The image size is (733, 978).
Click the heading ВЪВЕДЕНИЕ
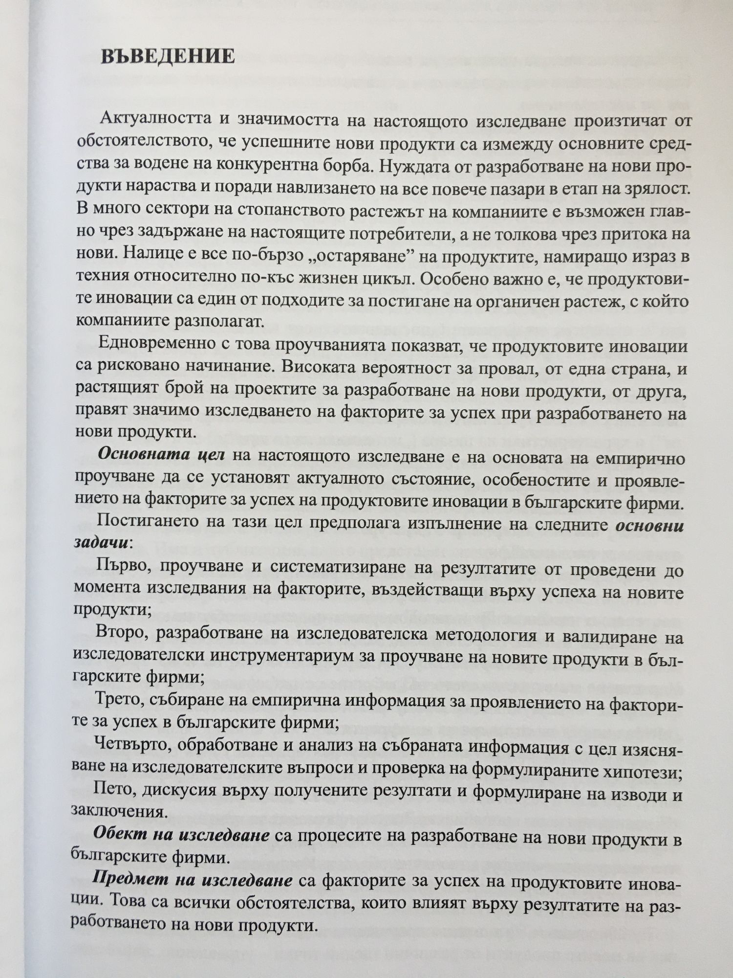tap(168, 57)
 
